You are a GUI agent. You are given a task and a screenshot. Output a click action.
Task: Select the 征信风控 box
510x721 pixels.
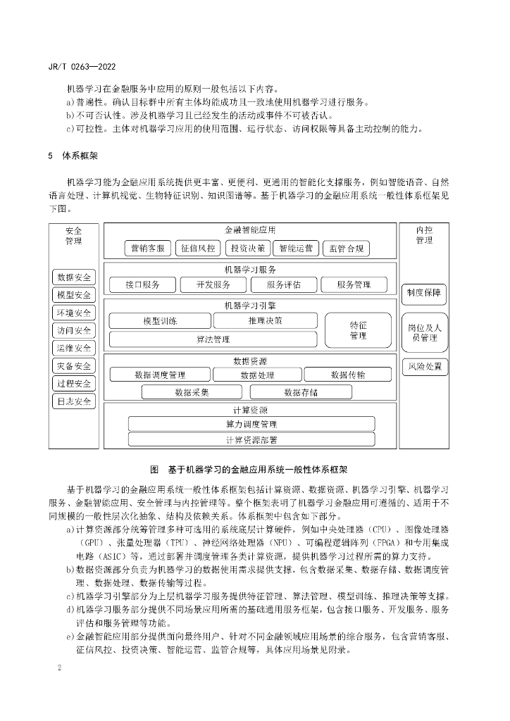point(197,249)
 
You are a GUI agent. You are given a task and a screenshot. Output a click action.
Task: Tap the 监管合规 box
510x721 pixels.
point(345,249)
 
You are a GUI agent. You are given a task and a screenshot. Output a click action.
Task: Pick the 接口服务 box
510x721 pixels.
point(142,284)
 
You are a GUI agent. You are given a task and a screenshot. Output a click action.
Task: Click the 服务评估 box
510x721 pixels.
point(283,284)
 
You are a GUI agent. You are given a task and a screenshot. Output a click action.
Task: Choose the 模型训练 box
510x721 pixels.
point(160,321)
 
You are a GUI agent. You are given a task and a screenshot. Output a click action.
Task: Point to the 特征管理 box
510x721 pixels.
point(358,330)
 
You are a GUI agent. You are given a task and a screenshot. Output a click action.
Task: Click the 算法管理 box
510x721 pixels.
point(213,339)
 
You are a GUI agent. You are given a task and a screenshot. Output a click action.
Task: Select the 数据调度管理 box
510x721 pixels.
point(160,375)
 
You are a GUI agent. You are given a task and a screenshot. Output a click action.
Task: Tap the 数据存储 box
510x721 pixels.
point(301,392)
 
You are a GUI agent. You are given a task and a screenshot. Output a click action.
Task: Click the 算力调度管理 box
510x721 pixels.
point(251,424)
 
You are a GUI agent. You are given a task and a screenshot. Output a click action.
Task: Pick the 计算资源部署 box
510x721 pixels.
point(251,440)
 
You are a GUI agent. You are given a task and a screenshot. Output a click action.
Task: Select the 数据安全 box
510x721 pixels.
point(74,277)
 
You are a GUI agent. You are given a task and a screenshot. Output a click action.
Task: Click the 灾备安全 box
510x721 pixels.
point(74,366)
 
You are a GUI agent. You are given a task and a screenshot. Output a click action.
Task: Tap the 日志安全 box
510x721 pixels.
point(74,402)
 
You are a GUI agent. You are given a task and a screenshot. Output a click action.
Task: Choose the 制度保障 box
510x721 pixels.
point(424,291)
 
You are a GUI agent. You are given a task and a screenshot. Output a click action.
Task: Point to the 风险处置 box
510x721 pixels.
point(424,366)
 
